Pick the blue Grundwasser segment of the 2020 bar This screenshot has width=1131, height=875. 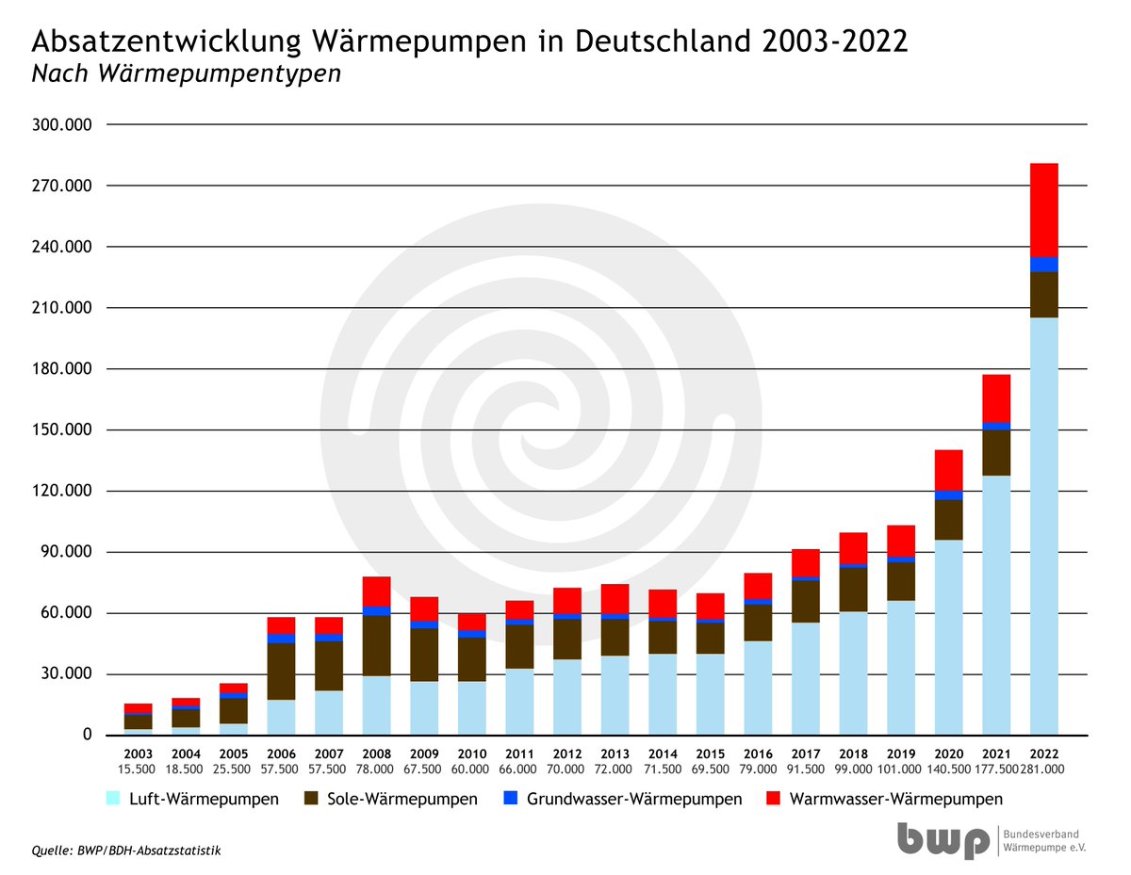click(x=948, y=495)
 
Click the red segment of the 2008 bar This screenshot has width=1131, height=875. click(x=376, y=591)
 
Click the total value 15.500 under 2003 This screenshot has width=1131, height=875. click(x=138, y=770)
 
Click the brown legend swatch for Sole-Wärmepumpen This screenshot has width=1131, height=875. click(x=314, y=799)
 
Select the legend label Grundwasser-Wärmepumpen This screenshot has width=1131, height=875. click(x=634, y=799)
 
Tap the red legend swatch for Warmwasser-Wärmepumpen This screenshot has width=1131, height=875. click(x=774, y=799)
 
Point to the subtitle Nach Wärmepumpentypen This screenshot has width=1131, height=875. click(x=186, y=75)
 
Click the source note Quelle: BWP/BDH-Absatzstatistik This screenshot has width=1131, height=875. click(x=126, y=851)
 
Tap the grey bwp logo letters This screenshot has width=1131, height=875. click(x=942, y=839)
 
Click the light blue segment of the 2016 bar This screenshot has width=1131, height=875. click(x=758, y=688)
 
